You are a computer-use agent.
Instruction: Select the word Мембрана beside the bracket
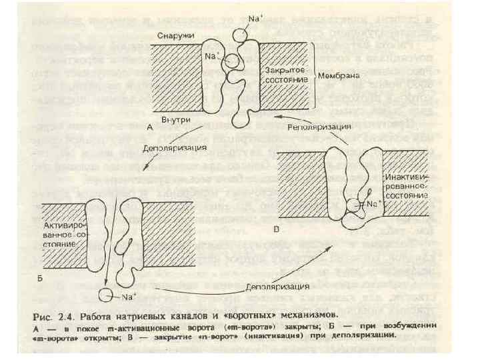[339, 76]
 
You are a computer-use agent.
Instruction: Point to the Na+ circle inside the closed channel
[233, 63]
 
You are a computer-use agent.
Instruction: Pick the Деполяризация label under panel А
[176, 147]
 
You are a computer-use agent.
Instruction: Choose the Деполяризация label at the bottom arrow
[277, 287]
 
